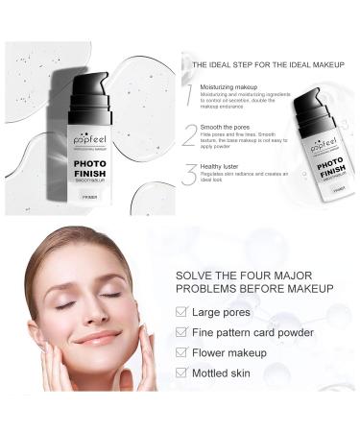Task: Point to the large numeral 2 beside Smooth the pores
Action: click(190, 134)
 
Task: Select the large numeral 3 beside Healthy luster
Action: click(190, 175)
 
